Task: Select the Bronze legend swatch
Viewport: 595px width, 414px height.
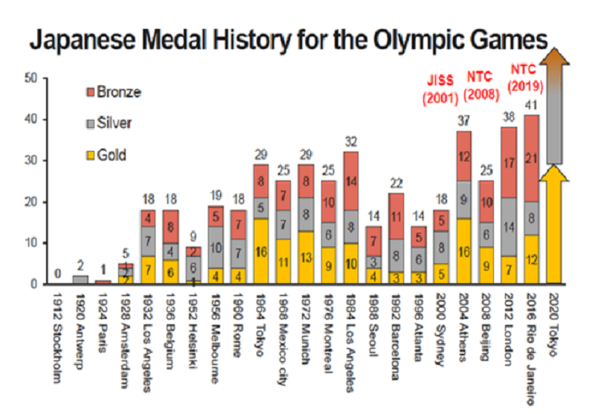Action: click(x=88, y=92)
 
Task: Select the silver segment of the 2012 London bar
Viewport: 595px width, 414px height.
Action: click(x=509, y=226)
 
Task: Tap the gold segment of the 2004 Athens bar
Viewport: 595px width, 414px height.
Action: click(x=464, y=251)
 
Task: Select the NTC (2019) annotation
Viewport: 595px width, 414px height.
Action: click(x=527, y=77)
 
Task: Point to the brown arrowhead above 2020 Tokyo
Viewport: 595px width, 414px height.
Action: click(x=555, y=59)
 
